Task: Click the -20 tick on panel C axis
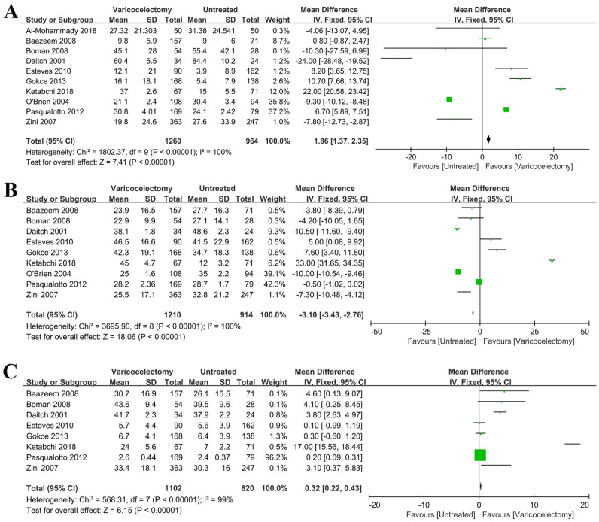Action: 374,503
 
